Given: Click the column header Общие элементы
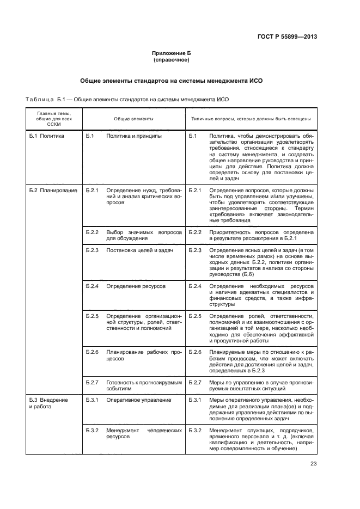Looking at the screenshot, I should click(x=133, y=118).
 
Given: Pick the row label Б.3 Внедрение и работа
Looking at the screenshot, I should click(x=48, y=403).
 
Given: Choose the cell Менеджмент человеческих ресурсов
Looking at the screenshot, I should click(x=143, y=433).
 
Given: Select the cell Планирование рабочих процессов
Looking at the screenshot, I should click(x=143, y=355).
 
